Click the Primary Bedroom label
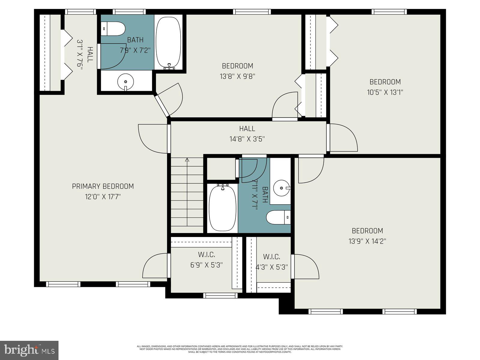point(103,186)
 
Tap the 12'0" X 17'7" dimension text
point(103,197)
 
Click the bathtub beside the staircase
point(222,208)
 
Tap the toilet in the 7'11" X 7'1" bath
point(278,217)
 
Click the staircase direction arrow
point(187,160)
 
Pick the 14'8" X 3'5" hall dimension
point(247,139)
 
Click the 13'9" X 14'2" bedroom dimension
point(367,241)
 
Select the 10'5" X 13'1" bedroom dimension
point(385,92)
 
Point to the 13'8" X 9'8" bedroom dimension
point(237,76)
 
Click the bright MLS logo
point(29,350)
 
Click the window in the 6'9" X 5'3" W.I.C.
point(220,295)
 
